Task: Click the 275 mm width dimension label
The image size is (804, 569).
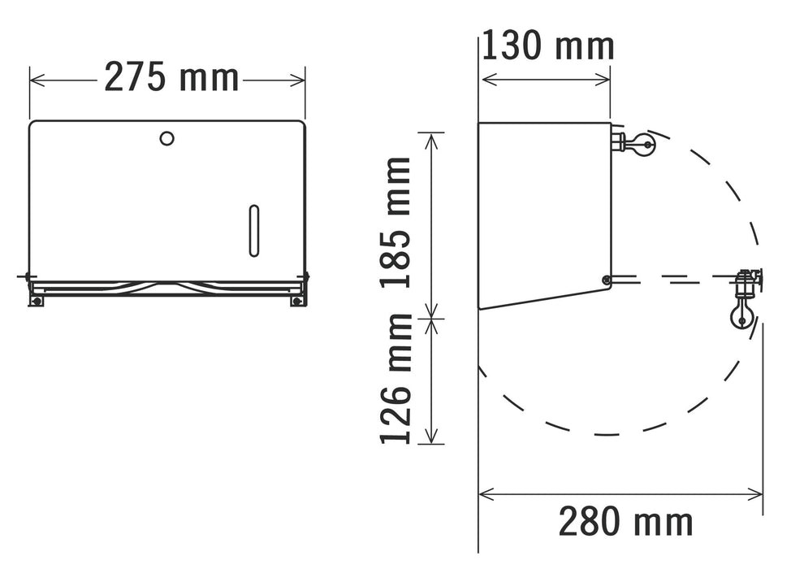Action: tap(171, 78)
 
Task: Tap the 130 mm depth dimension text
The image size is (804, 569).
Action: tap(547, 46)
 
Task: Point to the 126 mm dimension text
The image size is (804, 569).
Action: tap(397, 378)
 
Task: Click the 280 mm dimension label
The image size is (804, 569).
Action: tap(625, 521)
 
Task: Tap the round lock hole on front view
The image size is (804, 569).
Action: tap(166, 139)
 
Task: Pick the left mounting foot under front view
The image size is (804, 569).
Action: tap(36, 301)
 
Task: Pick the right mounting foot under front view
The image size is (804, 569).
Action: tap(297, 301)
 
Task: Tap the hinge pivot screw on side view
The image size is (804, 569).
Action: tap(606, 280)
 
